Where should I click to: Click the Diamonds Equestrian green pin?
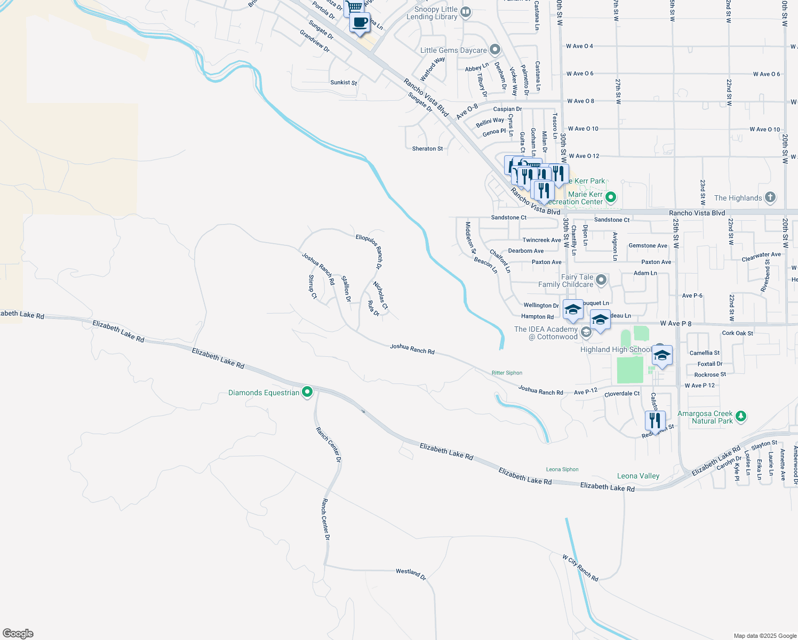pyautogui.click(x=307, y=393)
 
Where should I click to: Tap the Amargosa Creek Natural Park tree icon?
pyautogui.click(x=740, y=417)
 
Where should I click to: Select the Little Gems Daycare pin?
pyautogui.click(x=495, y=50)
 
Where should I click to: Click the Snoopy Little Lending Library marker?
pyautogui.click(x=466, y=12)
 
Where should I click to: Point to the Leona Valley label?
pyautogui.click(x=638, y=476)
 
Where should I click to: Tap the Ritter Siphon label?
pyautogui.click(x=507, y=373)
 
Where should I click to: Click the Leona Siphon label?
pyautogui.click(x=562, y=469)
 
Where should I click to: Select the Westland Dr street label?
pyautogui.click(x=411, y=574)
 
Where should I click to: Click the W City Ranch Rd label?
pyautogui.click(x=580, y=567)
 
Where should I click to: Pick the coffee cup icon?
pyautogui.click(x=360, y=23)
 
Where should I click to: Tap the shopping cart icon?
pyautogui.click(x=354, y=7)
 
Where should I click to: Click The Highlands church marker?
pyautogui.click(x=770, y=197)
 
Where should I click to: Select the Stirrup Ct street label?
pyautogui.click(x=313, y=286)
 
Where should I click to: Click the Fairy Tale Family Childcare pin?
pyautogui.click(x=601, y=280)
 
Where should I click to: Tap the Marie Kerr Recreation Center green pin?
pyautogui.click(x=611, y=198)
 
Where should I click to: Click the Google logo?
pyautogui.click(x=18, y=634)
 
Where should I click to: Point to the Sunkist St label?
pyautogui.click(x=344, y=83)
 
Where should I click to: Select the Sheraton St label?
pyautogui.click(x=427, y=149)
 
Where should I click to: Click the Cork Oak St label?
pyautogui.click(x=737, y=333)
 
